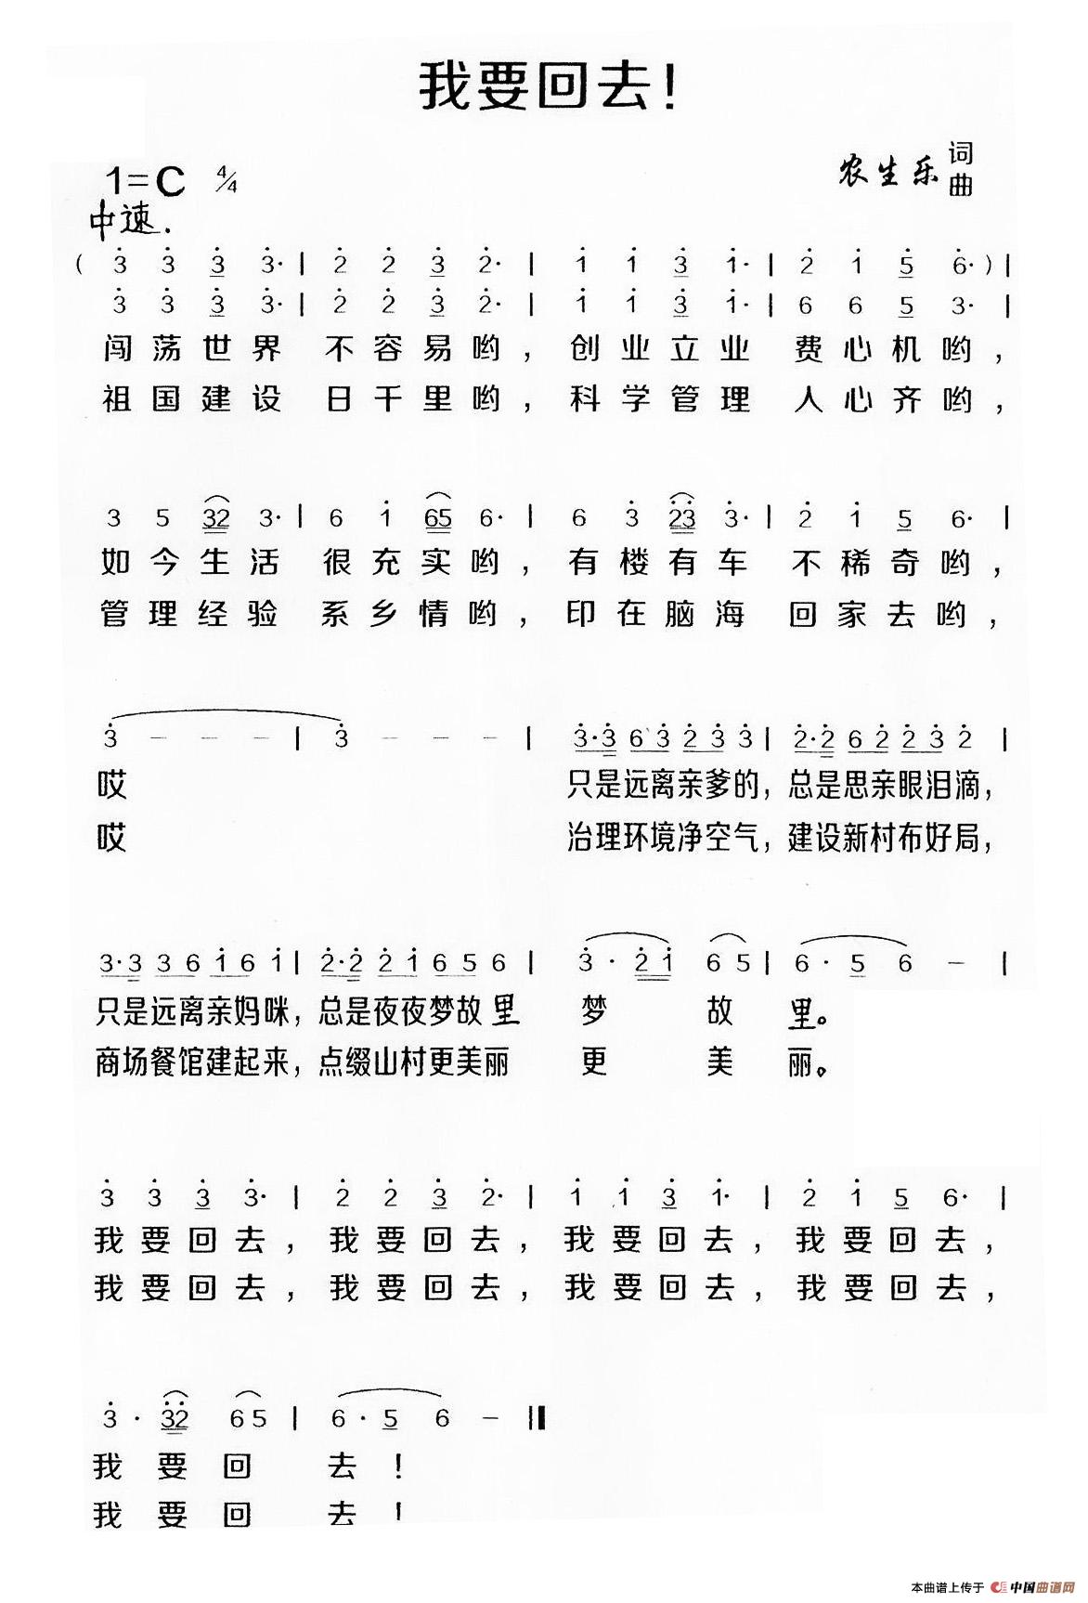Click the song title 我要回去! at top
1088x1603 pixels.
point(549,85)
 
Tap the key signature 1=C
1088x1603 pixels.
point(146,182)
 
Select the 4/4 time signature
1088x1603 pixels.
point(226,179)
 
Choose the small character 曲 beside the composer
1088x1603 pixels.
point(961,185)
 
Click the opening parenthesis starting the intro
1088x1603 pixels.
point(83,264)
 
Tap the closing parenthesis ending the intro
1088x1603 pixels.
point(991,264)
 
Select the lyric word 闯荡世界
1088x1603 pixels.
point(191,349)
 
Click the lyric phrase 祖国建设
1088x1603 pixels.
point(191,400)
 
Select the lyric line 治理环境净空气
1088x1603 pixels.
point(663,840)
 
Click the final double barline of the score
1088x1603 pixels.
point(537,1418)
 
